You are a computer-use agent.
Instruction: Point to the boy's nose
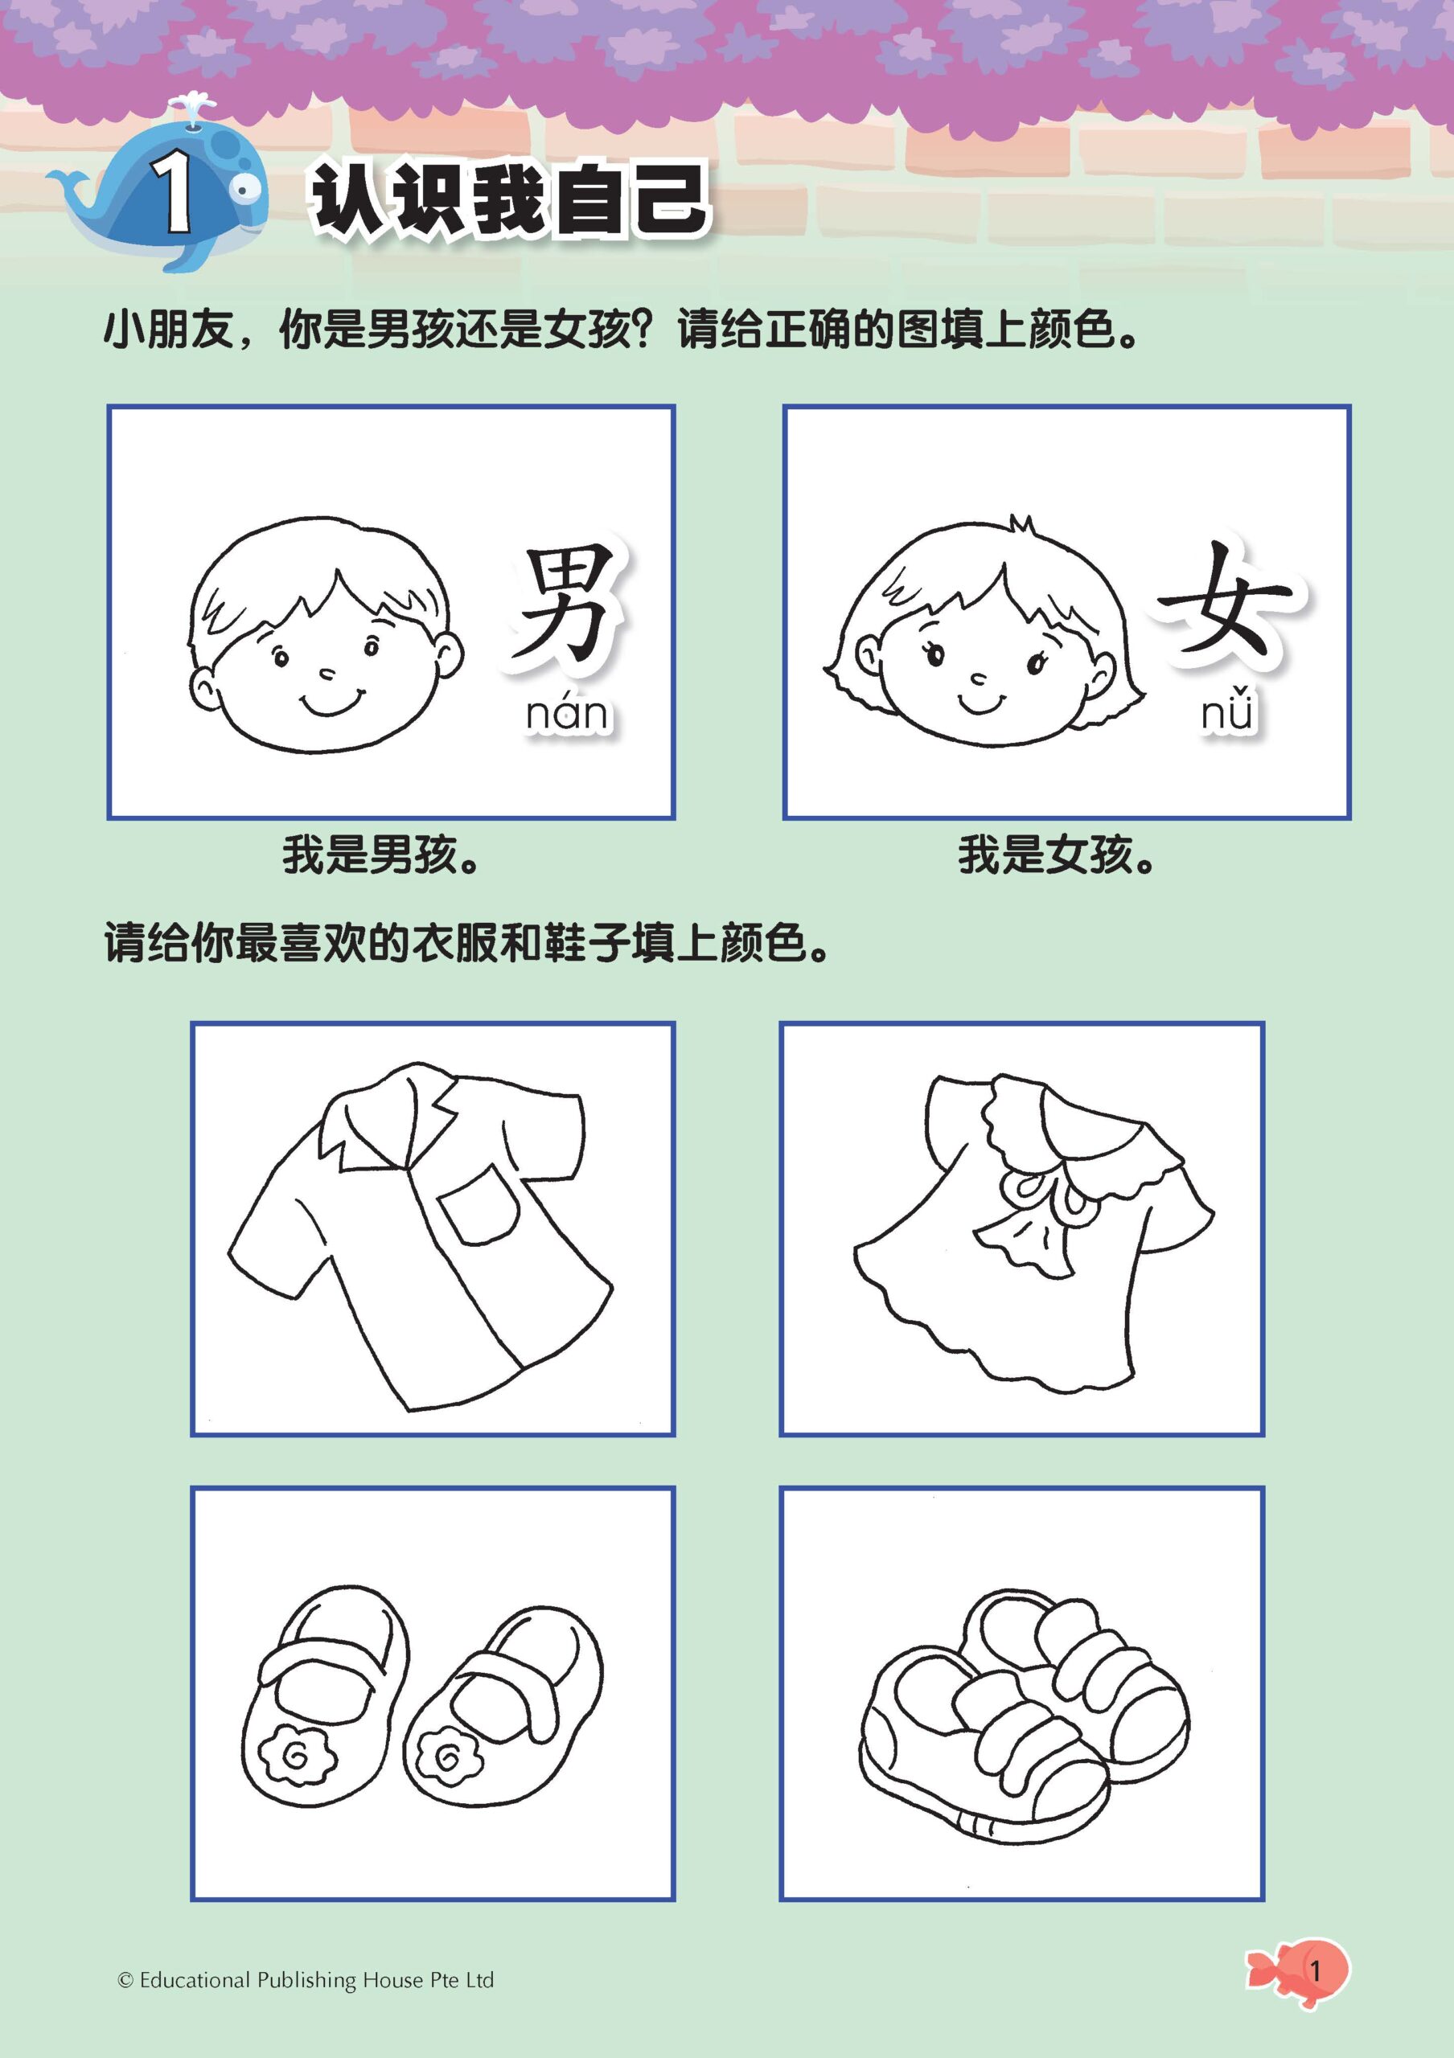(327, 672)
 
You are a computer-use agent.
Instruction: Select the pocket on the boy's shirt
(479, 1207)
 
